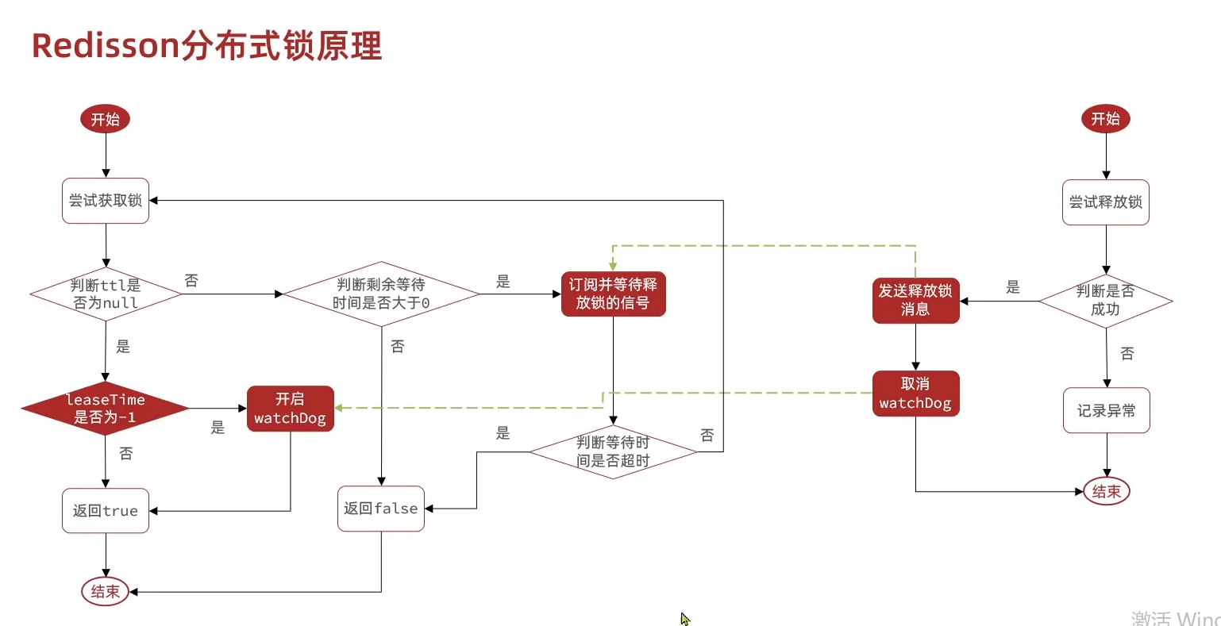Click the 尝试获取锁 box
tap(106, 201)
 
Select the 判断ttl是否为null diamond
tap(106, 294)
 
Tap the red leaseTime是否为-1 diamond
tap(105, 409)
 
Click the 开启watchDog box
tap(290, 409)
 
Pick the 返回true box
tap(106, 510)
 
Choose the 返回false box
tap(381, 509)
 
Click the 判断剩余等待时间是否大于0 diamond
tap(381, 294)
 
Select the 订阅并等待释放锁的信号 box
tap(613, 294)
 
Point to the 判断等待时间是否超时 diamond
tap(613, 451)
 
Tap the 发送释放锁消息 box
tap(915, 301)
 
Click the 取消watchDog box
tap(915, 394)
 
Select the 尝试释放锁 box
tap(1105, 202)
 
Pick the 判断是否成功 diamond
tap(1105, 301)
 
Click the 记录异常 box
tap(1106, 410)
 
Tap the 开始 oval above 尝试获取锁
tap(105, 119)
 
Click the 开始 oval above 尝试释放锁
tap(1105, 119)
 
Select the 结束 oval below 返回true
tap(105, 591)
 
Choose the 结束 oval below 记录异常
tap(1106, 491)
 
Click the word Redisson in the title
tap(106, 46)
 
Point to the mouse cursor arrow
tap(684, 618)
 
